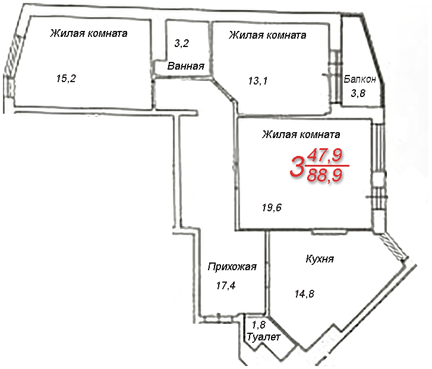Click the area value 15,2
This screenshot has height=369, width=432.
pyautogui.click(x=66, y=79)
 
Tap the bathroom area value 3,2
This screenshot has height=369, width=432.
pyautogui.click(x=182, y=43)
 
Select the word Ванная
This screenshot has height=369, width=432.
pyautogui.click(x=185, y=66)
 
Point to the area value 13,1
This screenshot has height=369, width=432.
pyautogui.click(x=258, y=81)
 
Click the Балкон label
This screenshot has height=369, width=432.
pyautogui.click(x=360, y=79)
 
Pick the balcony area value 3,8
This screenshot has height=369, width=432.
pyautogui.click(x=358, y=93)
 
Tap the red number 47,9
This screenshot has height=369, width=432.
pyautogui.click(x=325, y=155)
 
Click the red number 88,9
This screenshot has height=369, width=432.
pyautogui.click(x=325, y=175)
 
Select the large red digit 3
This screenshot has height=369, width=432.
pyautogui.click(x=297, y=166)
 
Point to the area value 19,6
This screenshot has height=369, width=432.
pyautogui.click(x=272, y=207)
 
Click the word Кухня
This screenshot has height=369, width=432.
pyautogui.click(x=320, y=259)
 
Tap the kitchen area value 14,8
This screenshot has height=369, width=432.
pyautogui.click(x=304, y=294)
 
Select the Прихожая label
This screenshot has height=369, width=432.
pyautogui.click(x=232, y=267)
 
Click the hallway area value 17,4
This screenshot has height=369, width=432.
pyautogui.click(x=226, y=286)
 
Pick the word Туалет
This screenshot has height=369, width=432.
pyautogui.click(x=264, y=337)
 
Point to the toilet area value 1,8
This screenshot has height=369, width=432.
pyautogui.click(x=258, y=325)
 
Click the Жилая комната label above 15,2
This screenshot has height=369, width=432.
pyautogui.click(x=89, y=33)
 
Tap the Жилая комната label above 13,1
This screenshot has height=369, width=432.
pyautogui.click(x=267, y=35)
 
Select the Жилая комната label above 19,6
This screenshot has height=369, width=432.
pyautogui.click(x=301, y=135)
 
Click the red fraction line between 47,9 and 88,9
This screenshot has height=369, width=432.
pyautogui.click(x=327, y=165)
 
